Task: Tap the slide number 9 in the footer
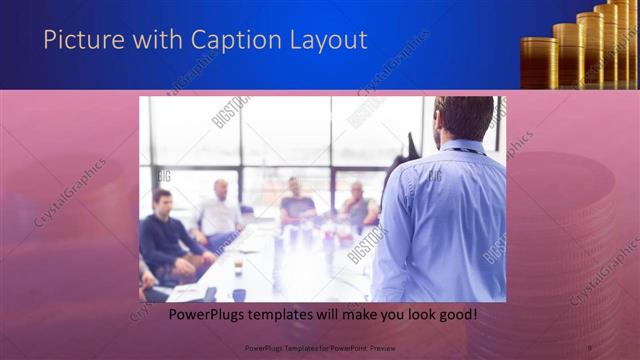[x=590, y=347]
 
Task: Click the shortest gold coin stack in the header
[x=539, y=62]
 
